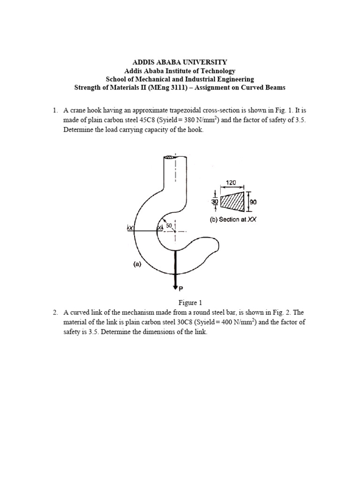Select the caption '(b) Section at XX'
tap(233, 219)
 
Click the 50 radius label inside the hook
tap(170, 226)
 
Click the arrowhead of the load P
tap(175, 285)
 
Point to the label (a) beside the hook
tap(136, 264)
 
